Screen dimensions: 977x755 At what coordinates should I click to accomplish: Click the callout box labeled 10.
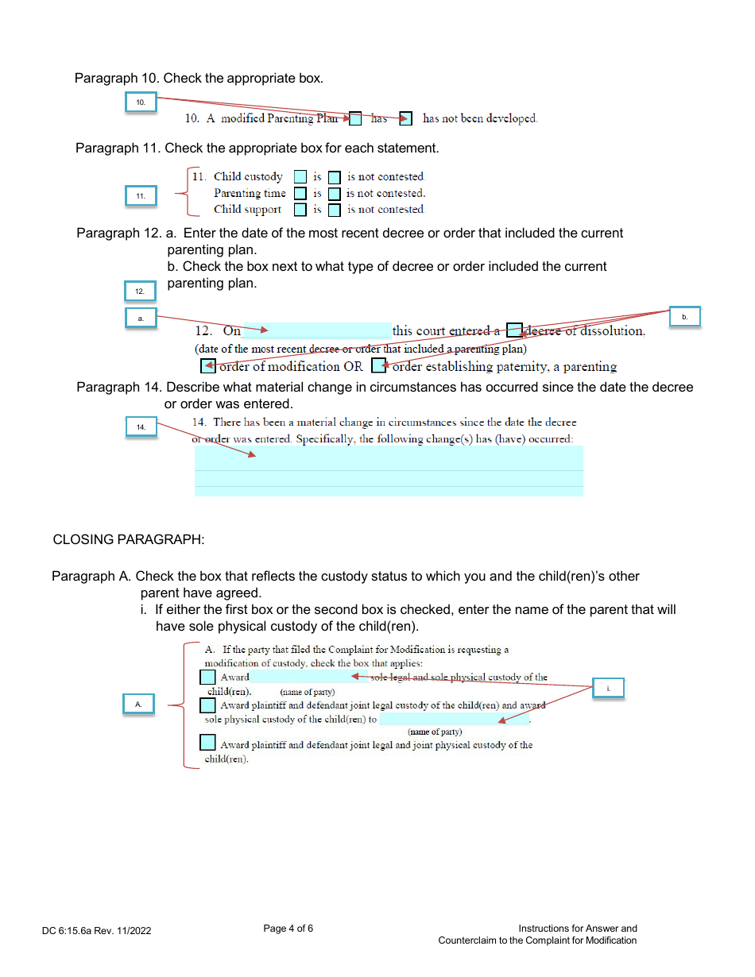tap(141, 102)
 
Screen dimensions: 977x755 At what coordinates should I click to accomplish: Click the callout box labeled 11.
tap(141, 196)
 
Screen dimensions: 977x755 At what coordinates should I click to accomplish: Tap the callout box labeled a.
tap(141, 318)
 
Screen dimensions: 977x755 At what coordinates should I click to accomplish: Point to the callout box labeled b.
tap(684, 317)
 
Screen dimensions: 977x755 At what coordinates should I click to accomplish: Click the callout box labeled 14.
tap(141, 427)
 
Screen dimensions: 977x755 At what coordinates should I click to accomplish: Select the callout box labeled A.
tap(139, 705)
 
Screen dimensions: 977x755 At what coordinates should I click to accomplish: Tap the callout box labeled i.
tap(608, 688)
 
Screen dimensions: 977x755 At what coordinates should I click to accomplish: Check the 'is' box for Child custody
tap(300, 177)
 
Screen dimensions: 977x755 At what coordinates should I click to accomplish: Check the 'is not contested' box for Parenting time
tap(335, 194)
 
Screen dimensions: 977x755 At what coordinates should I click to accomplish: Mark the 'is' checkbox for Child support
tap(300, 210)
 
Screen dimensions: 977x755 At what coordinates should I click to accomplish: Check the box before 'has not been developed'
tap(405, 119)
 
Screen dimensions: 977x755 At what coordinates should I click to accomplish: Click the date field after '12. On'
tap(316, 331)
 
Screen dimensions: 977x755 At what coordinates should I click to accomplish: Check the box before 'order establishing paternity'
tap(379, 366)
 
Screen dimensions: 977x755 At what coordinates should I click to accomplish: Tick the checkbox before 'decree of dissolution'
tap(514, 331)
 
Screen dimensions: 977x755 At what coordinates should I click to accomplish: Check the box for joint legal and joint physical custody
tap(207, 743)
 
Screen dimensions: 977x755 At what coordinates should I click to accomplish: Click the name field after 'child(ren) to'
tap(453, 720)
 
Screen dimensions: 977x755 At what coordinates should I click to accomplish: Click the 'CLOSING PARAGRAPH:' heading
tap(129, 539)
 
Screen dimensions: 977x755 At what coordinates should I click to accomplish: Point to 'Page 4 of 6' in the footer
tap(288, 929)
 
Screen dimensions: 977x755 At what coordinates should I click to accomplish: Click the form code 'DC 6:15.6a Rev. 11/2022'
tap(97, 930)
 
